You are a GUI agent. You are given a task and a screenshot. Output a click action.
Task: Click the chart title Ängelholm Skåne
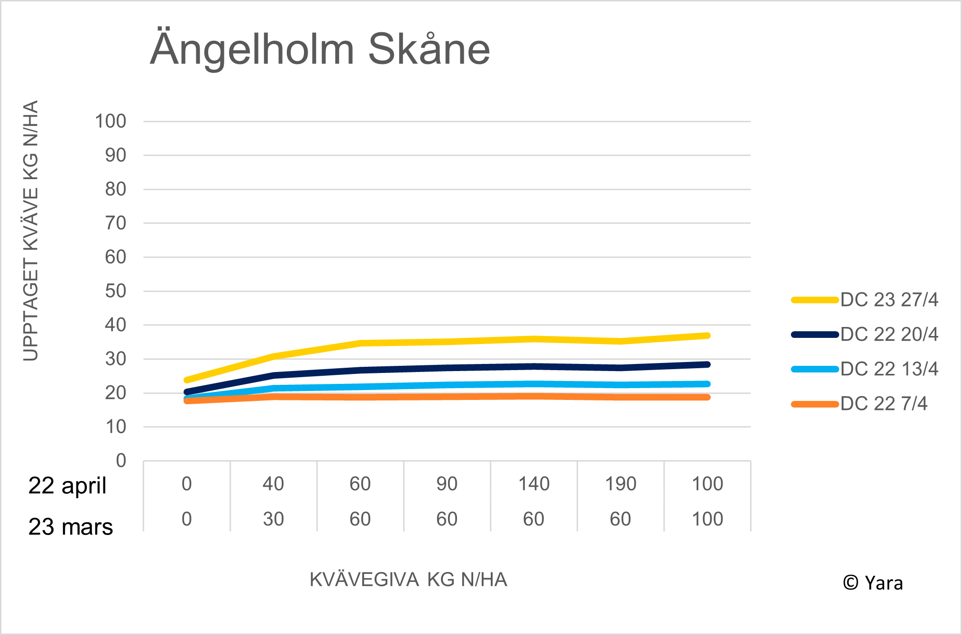[x=320, y=49]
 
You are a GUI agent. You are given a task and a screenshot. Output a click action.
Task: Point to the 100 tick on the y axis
[x=110, y=121]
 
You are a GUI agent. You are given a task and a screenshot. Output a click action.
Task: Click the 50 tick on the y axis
[x=115, y=291]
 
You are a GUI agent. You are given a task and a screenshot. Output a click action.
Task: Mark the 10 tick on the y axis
[x=115, y=427]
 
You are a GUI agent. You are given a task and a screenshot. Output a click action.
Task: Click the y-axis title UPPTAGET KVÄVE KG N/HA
[x=30, y=230]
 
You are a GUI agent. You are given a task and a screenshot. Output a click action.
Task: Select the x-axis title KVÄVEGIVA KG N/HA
[x=408, y=580]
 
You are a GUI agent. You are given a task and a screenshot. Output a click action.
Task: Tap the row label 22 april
[x=67, y=486]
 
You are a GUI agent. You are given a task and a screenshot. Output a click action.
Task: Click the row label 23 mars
[x=70, y=527]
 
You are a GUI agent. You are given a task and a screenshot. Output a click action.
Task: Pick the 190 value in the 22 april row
[x=620, y=484]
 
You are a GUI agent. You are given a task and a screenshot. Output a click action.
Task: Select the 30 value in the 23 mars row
[x=273, y=519]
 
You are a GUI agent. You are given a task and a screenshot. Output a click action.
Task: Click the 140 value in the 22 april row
[x=533, y=484]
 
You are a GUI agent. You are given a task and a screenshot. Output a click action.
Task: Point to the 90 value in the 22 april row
[x=447, y=484]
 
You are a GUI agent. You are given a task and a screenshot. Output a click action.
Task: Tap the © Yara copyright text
[x=872, y=583]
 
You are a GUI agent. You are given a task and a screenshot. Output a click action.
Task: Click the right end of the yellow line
[x=707, y=336]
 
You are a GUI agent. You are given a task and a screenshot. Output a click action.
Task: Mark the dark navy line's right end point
[x=707, y=364]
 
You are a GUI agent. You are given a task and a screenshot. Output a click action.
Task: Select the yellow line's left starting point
[x=187, y=380]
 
